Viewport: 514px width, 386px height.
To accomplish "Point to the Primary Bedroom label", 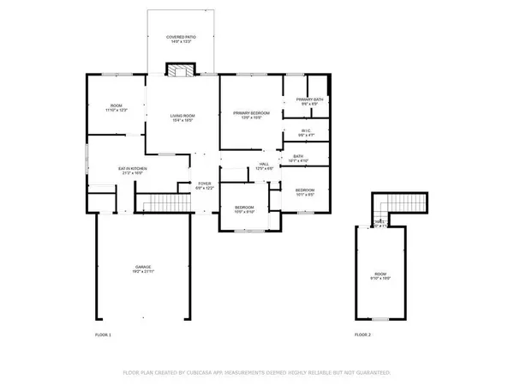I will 252,113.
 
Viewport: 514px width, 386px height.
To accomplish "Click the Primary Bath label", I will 308,100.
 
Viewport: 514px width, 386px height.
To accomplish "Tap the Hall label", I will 264,163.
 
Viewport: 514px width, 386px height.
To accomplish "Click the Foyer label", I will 205,183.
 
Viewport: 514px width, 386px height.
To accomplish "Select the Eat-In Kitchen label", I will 132,168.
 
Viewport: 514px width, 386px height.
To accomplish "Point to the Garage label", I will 142,267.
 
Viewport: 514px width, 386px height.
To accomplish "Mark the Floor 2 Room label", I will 380,274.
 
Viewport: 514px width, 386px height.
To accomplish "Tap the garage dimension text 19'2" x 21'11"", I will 142,272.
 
